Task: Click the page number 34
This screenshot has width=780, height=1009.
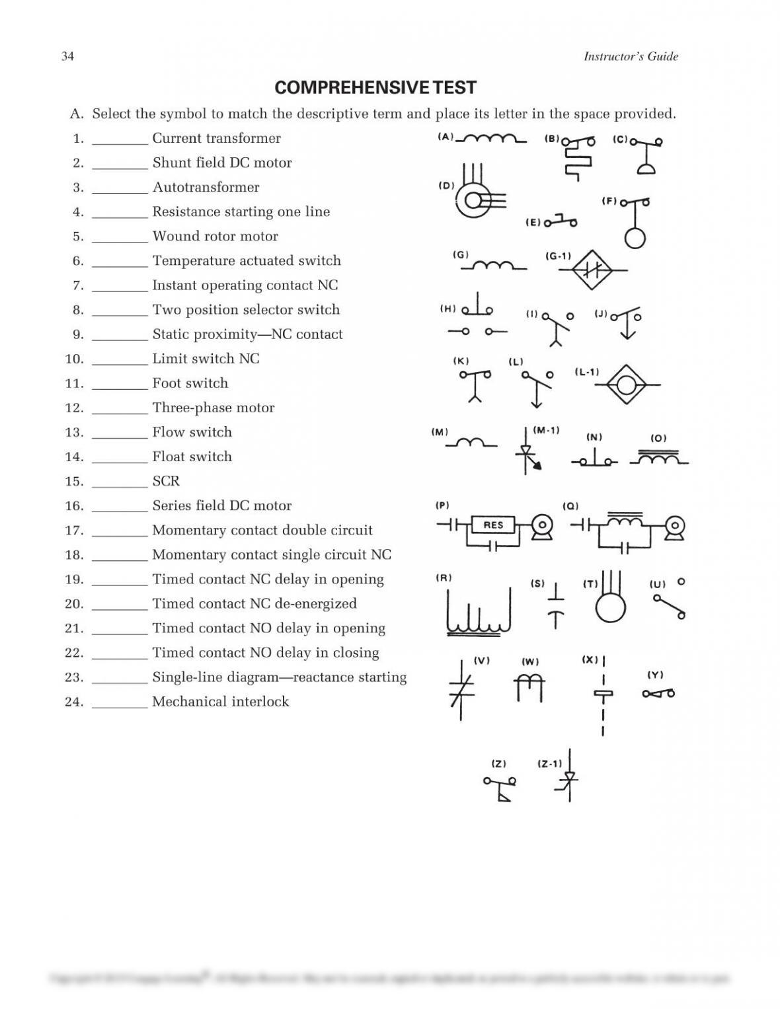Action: coord(67,56)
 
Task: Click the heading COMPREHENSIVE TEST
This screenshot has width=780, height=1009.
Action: coord(375,88)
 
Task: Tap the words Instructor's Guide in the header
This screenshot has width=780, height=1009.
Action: coord(631,56)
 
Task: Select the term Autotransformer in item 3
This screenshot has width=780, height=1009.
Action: coord(206,187)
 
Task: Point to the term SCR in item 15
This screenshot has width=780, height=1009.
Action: coord(166,481)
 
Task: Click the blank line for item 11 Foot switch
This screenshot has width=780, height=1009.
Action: coord(120,385)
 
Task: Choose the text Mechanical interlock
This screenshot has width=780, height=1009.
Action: coord(220,702)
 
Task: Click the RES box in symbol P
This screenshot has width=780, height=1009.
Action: coord(493,525)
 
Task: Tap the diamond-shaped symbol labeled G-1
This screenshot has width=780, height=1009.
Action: coord(592,270)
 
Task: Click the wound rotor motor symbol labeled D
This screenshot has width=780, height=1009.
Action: coord(474,198)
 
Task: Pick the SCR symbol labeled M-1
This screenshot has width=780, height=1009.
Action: coord(527,453)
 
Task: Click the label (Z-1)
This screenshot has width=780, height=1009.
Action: coord(549,764)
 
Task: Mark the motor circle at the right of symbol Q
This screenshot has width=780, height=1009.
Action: coord(675,526)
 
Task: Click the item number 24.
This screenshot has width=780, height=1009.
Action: coord(74,702)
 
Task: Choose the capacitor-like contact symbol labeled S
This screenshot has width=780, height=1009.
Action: coord(556,605)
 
